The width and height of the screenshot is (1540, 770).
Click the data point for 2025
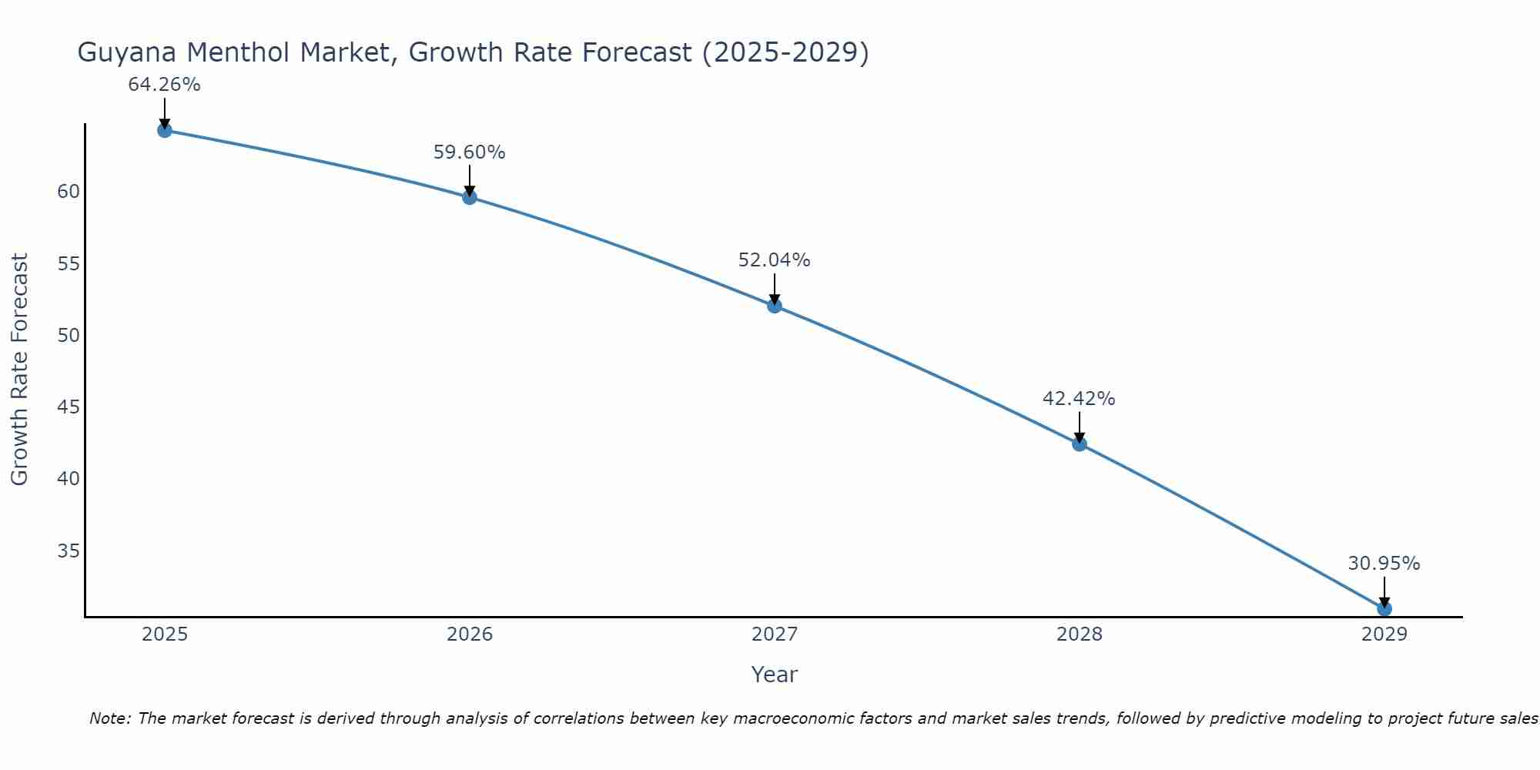164,130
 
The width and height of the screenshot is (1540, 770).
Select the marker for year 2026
470,197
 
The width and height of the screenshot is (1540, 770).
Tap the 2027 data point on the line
775,306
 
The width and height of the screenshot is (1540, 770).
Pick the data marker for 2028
1080,444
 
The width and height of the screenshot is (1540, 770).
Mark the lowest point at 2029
1384,608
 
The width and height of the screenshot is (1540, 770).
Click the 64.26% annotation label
164,85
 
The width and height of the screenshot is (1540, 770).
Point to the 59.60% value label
470,152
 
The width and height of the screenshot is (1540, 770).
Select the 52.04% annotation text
775,260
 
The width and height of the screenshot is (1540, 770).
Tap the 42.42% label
1079,399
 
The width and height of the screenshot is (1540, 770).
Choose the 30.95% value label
1384,564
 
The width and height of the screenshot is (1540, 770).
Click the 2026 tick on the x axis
470,634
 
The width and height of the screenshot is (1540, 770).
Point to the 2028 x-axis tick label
1080,634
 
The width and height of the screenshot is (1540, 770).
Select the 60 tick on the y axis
69,192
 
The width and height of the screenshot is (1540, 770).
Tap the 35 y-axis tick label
69,551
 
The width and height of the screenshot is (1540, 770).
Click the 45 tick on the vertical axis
69,407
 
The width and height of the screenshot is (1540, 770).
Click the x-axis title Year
774,675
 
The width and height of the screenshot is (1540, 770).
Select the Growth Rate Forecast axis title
19,370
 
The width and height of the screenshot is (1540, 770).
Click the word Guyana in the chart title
128,52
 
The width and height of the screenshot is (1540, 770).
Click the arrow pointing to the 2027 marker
775,290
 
